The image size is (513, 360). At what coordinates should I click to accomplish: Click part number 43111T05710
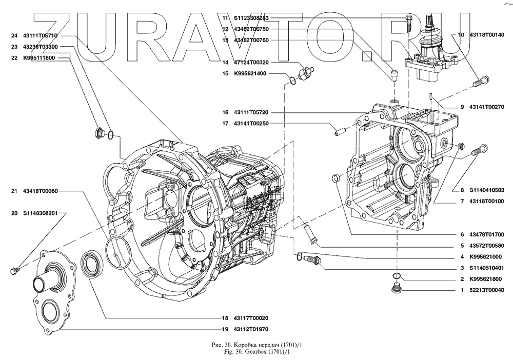[x=40, y=35]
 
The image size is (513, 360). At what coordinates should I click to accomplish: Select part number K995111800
[x=39, y=58]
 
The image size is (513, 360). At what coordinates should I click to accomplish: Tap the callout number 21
[x=14, y=191]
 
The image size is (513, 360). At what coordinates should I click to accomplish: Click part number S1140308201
[x=40, y=213]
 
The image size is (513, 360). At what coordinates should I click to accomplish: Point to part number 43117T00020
[x=251, y=318]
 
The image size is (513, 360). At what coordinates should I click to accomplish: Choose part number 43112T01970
[x=251, y=329]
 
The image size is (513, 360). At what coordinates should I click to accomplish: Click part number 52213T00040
[x=487, y=290]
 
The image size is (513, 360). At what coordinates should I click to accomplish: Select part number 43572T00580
[x=487, y=246]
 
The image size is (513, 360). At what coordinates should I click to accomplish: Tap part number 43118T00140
[x=487, y=35]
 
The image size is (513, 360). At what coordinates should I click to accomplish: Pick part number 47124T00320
[x=251, y=62]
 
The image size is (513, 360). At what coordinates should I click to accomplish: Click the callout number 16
[x=225, y=112]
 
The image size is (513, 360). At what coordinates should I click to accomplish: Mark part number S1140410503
[x=487, y=190]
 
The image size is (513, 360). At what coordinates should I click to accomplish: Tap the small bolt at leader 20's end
[x=14, y=270]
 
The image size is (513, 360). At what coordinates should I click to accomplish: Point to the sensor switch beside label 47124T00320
[x=307, y=72]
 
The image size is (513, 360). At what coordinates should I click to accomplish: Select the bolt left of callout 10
[x=481, y=81]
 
